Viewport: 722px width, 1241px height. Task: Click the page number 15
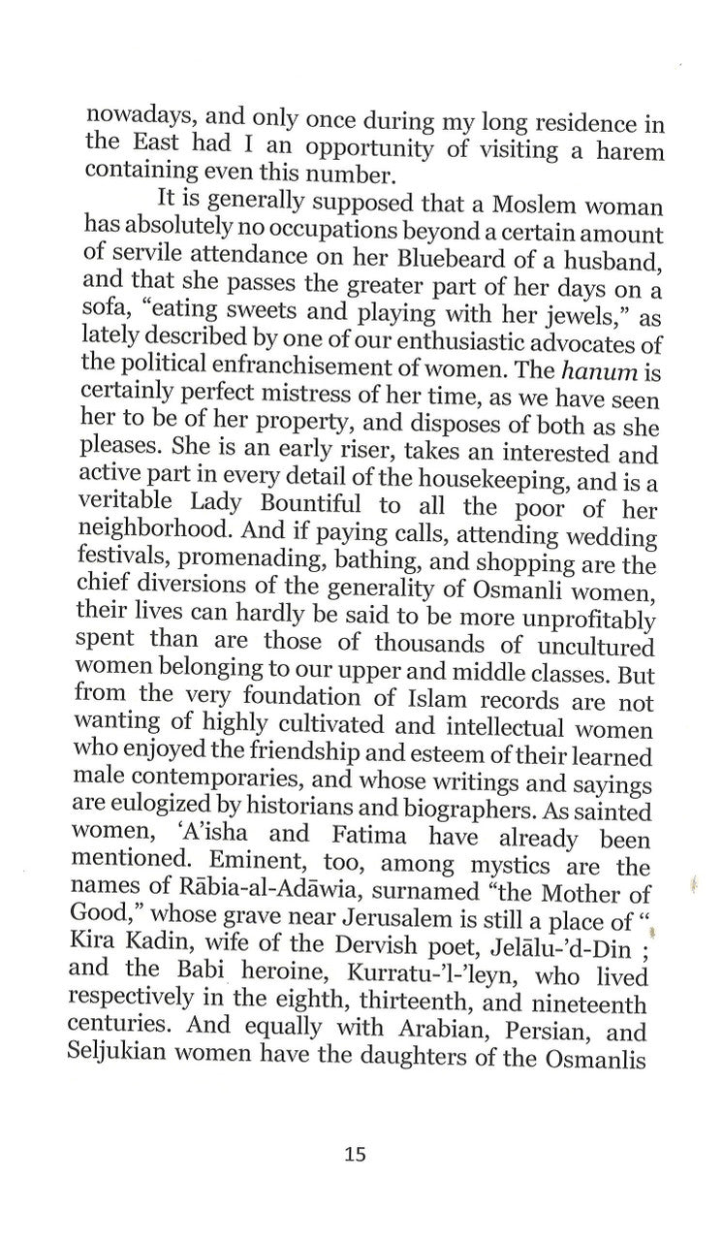(x=355, y=1155)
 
